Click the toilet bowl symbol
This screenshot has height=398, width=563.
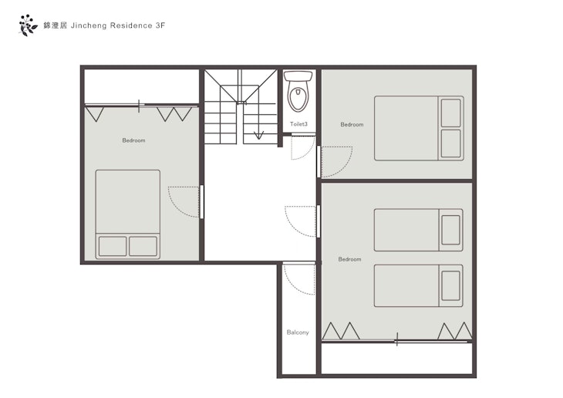[298, 91]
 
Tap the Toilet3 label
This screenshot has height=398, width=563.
[298, 124]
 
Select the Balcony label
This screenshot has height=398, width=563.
[298, 332]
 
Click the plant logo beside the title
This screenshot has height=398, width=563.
[28, 25]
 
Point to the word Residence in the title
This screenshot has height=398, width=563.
[131, 25]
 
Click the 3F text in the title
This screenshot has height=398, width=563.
[160, 25]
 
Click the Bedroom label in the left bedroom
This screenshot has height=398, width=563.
[133, 140]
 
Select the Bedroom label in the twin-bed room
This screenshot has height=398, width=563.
[349, 259]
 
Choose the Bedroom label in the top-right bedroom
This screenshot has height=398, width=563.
[352, 125]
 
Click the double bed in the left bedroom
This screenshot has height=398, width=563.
[128, 214]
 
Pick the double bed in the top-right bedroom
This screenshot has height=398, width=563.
[419, 128]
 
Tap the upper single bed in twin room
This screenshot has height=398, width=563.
[418, 230]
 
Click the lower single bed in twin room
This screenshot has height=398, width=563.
[418, 286]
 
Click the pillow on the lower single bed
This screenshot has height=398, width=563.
[450, 286]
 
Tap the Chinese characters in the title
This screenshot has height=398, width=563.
[56, 25]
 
